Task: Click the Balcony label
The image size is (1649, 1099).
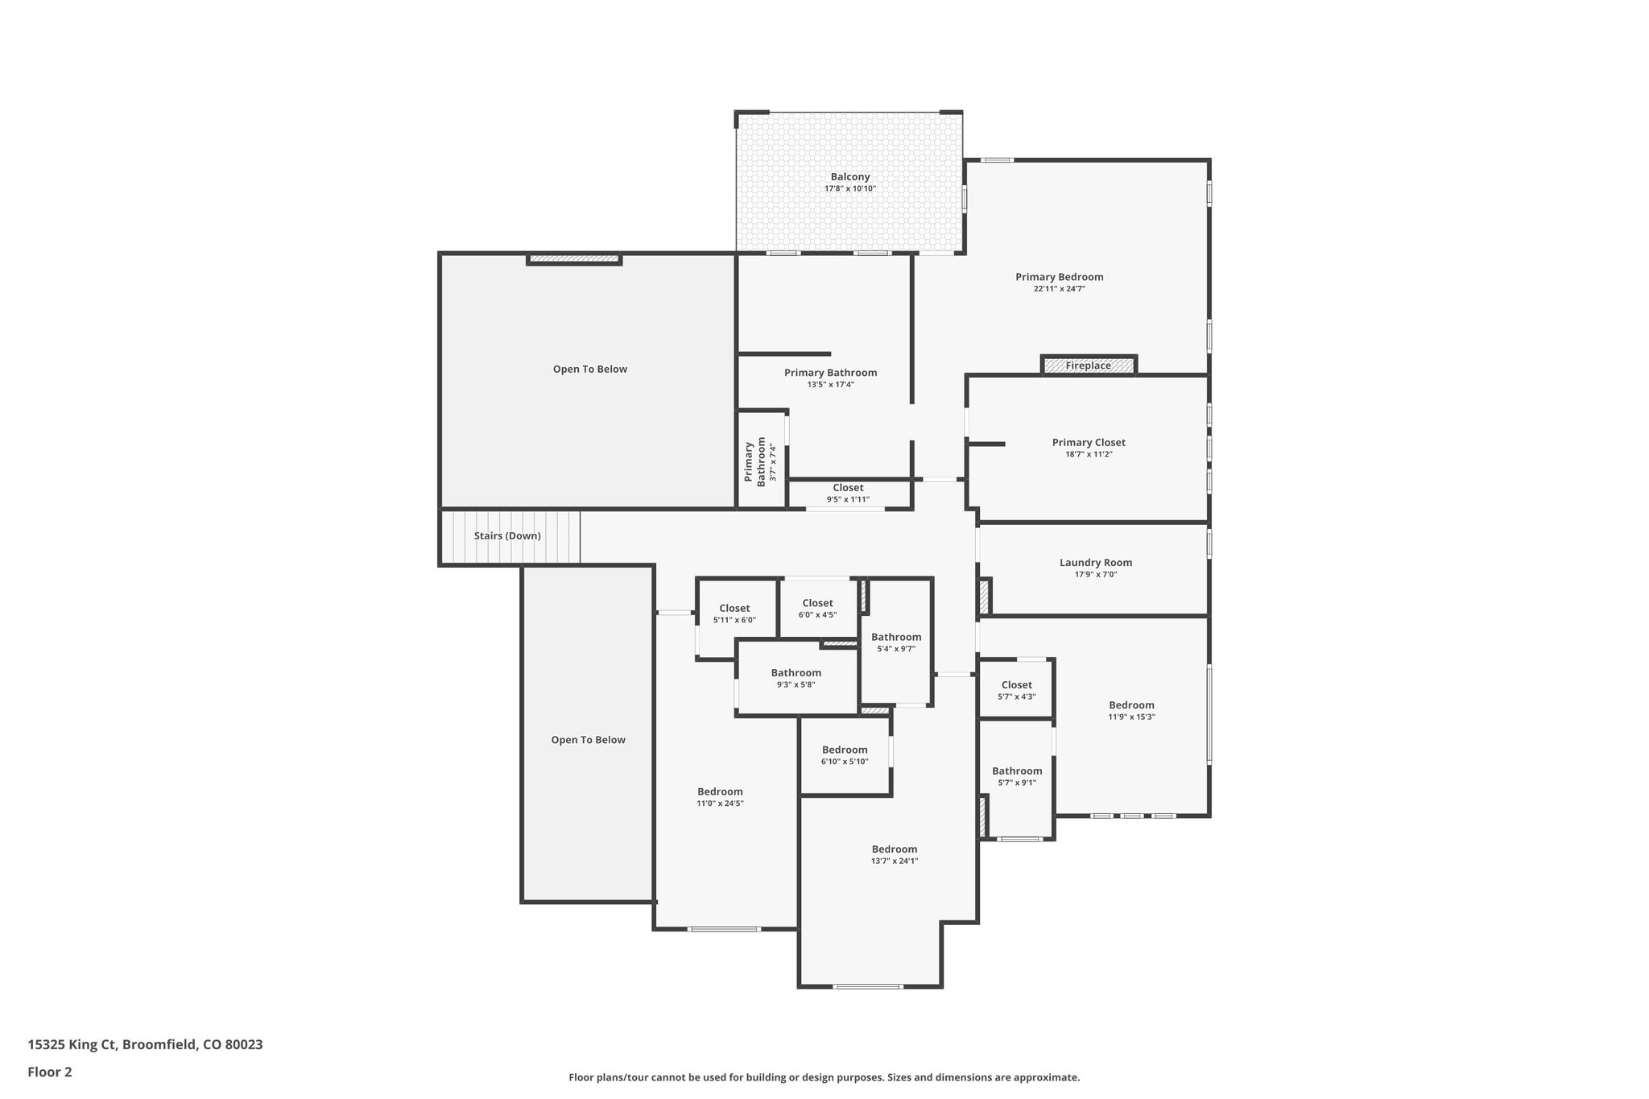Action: [850, 177]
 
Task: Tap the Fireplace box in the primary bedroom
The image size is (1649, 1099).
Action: [1089, 366]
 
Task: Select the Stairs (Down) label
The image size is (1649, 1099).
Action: [507, 536]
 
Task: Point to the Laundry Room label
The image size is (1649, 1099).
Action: [1096, 563]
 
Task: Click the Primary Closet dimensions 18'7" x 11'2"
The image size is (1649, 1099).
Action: [1089, 454]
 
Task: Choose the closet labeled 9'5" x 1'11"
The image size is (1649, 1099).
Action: [848, 494]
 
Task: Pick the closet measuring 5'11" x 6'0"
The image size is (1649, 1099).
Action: [734, 614]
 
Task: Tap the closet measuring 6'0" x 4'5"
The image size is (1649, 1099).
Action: [817, 609]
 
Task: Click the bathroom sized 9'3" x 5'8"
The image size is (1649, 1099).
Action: [796, 679]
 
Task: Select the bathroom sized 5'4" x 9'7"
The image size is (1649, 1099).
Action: [896, 642]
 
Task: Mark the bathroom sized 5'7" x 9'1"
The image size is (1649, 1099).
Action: [1017, 776]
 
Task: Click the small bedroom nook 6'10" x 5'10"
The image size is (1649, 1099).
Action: [845, 755]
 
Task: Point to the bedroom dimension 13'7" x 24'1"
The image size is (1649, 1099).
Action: [895, 861]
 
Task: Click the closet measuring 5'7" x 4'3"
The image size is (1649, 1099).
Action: [1017, 691]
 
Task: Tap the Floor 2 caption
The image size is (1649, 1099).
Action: [50, 1072]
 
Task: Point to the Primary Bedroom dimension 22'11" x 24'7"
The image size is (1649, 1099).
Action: [1060, 288]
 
